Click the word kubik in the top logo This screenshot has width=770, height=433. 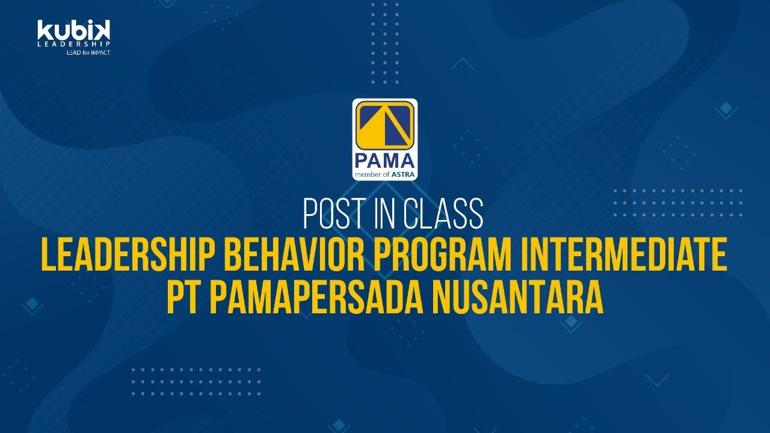click(73, 30)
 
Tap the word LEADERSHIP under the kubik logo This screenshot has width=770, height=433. click(73, 44)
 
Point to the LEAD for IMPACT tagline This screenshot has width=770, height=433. click(88, 52)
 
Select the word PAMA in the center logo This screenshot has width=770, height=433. click(384, 161)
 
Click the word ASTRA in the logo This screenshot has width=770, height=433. click(403, 174)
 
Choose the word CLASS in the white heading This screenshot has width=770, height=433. click(443, 213)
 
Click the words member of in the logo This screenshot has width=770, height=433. click(372, 174)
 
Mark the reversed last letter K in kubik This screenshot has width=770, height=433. click(102, 30)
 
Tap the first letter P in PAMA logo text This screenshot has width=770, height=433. click(362, 161)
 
